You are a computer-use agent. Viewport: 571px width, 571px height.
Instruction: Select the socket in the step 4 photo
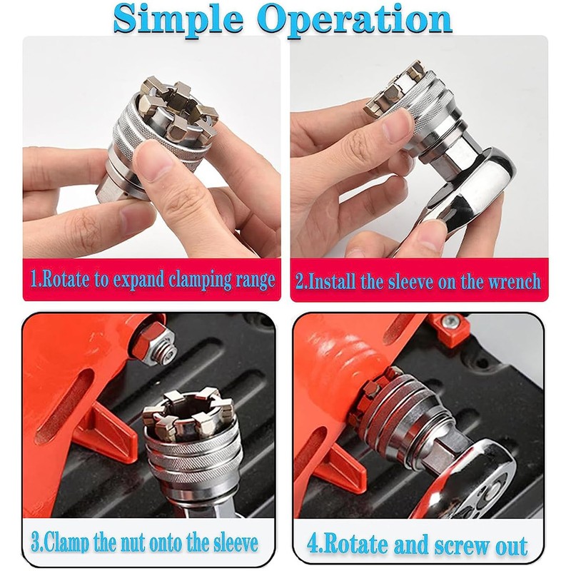(x=400, y=407)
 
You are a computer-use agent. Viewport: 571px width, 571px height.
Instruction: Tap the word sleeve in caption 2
(x=426, y=281)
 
